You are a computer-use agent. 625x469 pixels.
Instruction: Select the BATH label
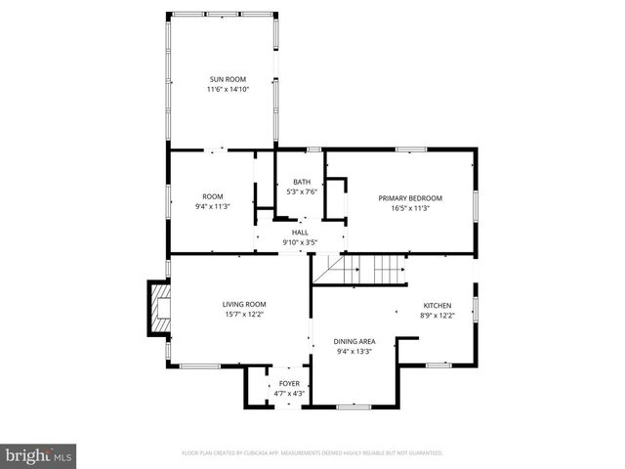(302, 183)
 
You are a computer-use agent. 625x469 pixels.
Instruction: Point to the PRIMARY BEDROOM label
(410, 198)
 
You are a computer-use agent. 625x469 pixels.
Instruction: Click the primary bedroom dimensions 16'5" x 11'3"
(410, 208)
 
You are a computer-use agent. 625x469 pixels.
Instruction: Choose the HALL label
(300, 233)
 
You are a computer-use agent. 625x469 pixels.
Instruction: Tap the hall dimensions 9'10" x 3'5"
(300, 242)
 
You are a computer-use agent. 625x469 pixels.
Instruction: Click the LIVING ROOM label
(243, 304)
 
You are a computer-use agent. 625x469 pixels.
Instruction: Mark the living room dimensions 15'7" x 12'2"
(243, 314)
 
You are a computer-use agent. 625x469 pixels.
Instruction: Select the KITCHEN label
(437, 304)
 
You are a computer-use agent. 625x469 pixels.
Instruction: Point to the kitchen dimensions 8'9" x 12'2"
(437, 314)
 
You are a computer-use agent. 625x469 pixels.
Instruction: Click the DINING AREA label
(354, 341)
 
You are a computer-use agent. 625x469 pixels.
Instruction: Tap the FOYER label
(289, 383)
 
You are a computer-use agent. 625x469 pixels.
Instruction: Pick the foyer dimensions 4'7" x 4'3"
(289, 393)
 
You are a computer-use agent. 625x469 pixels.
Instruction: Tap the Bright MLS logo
(39, 455)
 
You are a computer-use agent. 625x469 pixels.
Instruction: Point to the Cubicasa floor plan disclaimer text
(312, 453)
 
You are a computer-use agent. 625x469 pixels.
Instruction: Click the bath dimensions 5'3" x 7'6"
(302, 192)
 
